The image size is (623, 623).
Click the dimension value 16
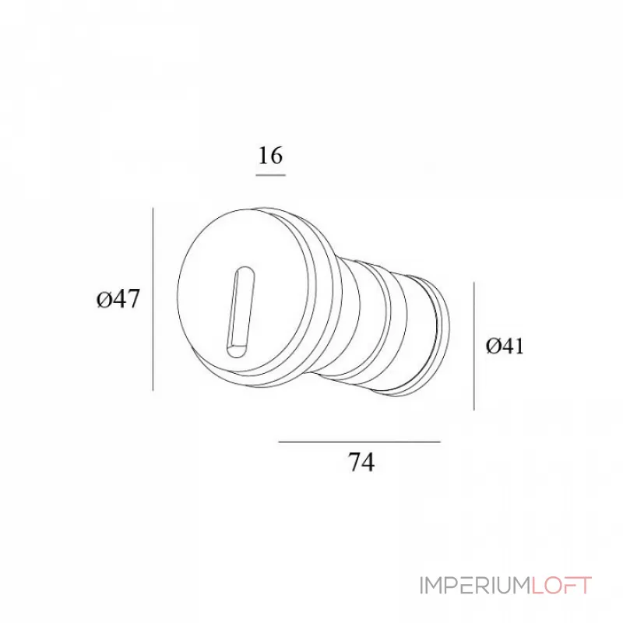point(270,156)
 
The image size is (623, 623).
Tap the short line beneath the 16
point(270,175)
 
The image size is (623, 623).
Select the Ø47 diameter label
point(118,298)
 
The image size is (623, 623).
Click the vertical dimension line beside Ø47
point(153,299)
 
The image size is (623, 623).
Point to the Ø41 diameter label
point(505,347)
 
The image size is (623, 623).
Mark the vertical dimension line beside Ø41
point(474,347)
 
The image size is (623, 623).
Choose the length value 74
point(361,463)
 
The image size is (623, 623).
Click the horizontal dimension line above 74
point(359,442)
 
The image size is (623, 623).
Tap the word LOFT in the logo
point(561,586)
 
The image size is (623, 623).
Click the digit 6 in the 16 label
point(276,156)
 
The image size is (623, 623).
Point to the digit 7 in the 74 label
point(354,463)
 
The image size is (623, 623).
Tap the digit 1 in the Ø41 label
point(518,347)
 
